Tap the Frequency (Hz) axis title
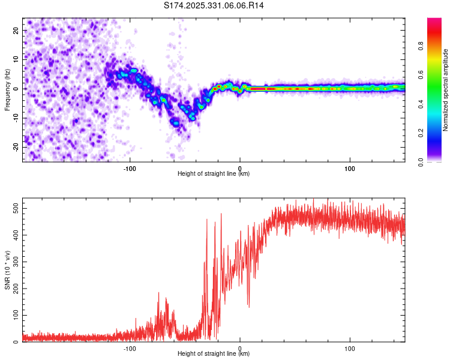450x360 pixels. click(7, 90)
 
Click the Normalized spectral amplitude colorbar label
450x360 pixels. click(446, 90)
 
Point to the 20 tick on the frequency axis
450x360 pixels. click(16, 30)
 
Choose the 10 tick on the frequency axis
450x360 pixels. click(16, 59)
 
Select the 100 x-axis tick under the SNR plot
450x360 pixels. click(350, 348)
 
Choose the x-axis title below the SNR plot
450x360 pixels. click(214, 354)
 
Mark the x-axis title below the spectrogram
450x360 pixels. click(214, 173)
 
